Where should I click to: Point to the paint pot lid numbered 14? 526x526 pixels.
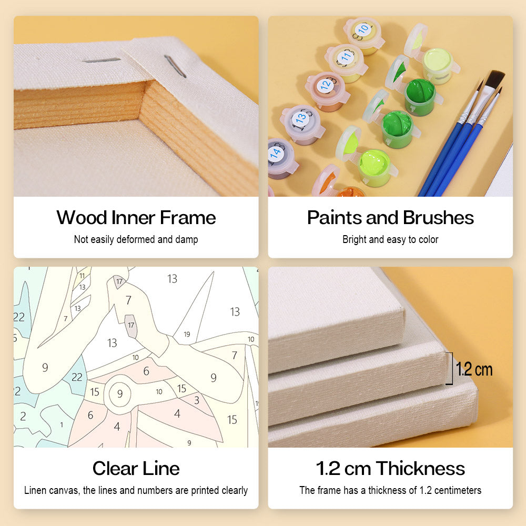pyautogui.click(x=278, y=154)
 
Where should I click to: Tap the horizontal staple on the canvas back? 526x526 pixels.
pyautogui.click(x=102, y=60)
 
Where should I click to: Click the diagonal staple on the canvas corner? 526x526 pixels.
pyautogui.click(x=175, y=66)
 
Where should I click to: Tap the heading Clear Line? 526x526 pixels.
pyautogui.click(x=136, y=468)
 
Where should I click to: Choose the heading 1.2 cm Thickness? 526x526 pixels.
pyautogui.click(x=390, y=468)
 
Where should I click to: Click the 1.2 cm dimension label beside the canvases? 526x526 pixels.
pyautogui.click(x=474, y=369)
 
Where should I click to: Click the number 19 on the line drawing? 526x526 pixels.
pyautogui.click(x=187, y=334)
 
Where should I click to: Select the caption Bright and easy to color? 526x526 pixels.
pyautogui.click(x=390, y=239)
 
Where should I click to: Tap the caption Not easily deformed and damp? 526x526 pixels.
pyautogui.click(x=136, y=239)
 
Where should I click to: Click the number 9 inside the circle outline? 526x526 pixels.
pyautogui.click(x=120, y=393)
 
